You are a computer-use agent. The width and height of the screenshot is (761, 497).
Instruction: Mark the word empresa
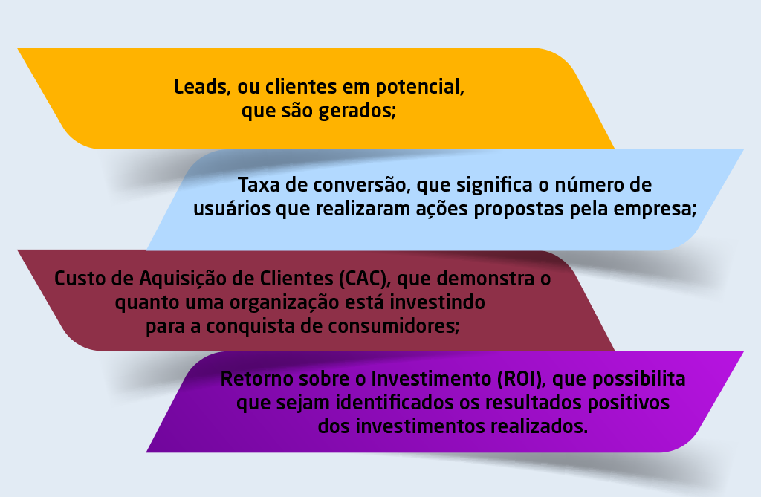658,209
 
